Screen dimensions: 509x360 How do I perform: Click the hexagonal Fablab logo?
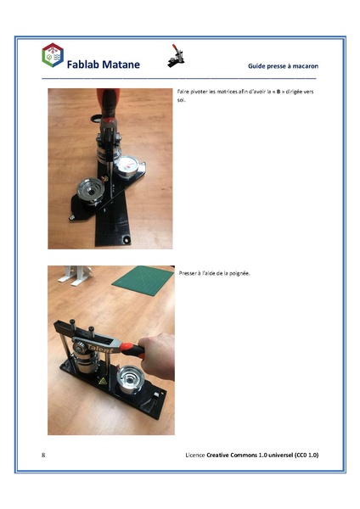point(53,56)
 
